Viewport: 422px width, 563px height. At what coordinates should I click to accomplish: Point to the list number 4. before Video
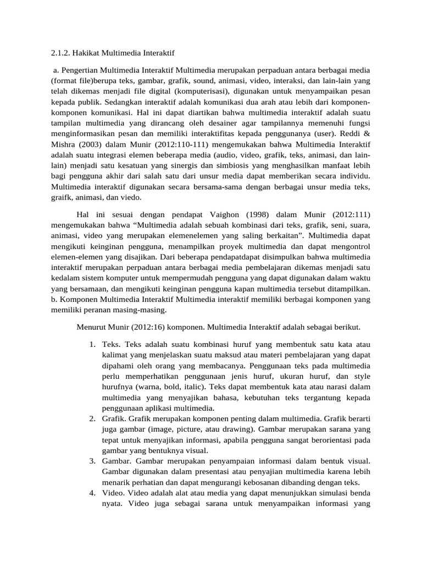93,493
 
